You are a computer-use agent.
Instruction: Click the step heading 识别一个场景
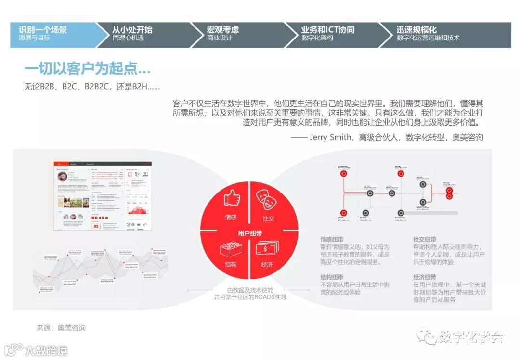point(43,30)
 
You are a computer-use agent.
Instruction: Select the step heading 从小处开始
point(132,30)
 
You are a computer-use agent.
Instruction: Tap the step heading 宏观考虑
point(222,30)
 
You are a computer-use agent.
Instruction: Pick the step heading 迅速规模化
point(417,30)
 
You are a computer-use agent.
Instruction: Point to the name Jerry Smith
point(330,137)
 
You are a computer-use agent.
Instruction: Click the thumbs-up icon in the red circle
point(231,198)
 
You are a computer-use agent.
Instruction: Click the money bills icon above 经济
point(268,248)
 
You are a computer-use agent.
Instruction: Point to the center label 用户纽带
point(249,233)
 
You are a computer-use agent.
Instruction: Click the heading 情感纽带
point(332,239)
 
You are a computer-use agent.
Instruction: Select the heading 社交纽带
point(425,239)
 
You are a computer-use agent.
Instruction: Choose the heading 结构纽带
point(332,277)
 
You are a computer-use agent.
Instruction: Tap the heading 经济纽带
point(425,277)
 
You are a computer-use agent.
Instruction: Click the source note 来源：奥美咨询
point(61,328)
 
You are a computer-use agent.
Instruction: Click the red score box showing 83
point(96,225)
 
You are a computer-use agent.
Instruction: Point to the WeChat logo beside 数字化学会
point(427,337)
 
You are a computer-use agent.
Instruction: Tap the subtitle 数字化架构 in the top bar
point(317,38)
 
